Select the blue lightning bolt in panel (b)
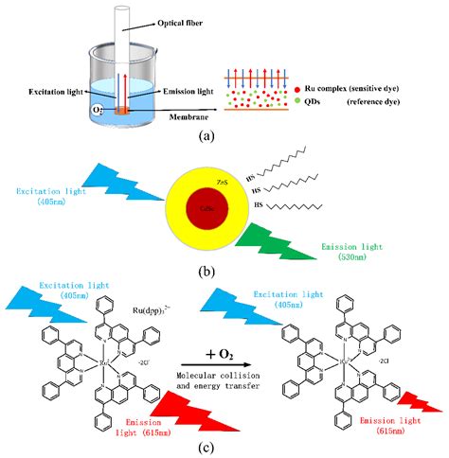(113, 185)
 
